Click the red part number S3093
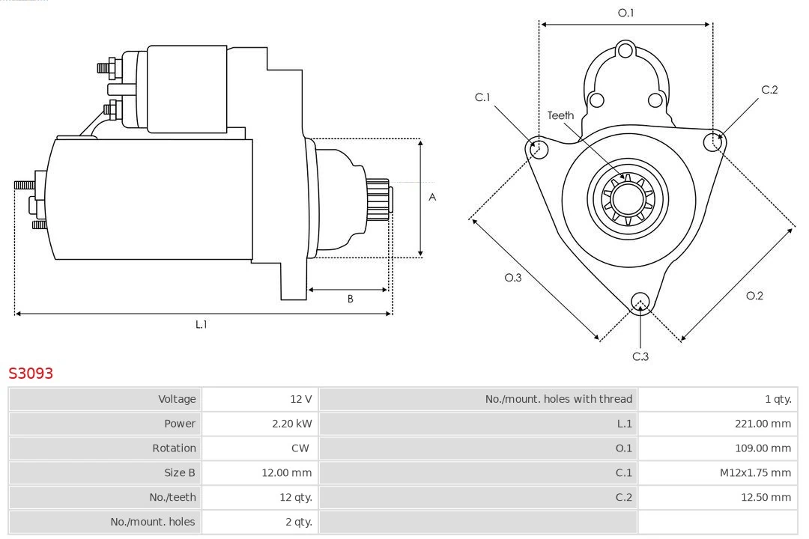tap(31, 373)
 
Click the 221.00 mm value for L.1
tap(763, 424)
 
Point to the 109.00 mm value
tap(763, 448)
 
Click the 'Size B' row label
tap(180, 473)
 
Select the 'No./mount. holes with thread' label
tap(558, 399)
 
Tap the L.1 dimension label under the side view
tap(201, 324)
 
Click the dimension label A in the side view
tap(432, 198)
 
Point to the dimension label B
tap(350, 299)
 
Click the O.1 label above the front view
tap(625, 13)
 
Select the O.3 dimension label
tap(512, 277)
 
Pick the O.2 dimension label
tap(754, 296)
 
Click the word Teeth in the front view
tap(560, 115)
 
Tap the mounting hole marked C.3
tap(640, 302)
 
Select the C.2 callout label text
tap(769, 90)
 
